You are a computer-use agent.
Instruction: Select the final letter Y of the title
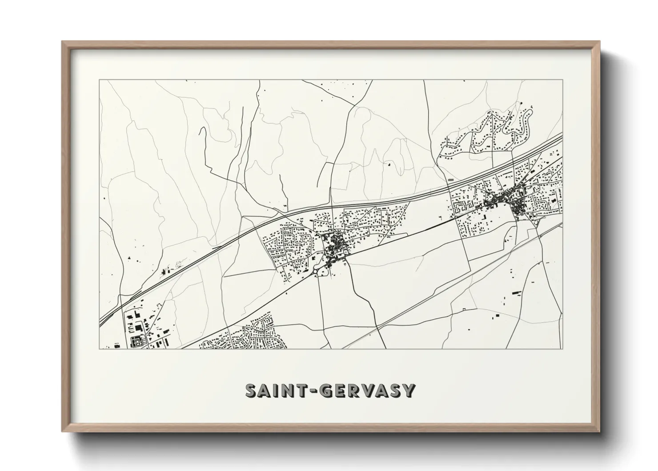(x=409, y=390)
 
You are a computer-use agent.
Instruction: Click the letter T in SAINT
(x=296, y=390)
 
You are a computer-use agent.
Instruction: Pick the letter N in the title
(x=283, y=390)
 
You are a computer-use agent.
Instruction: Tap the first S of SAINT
(x=252, y=390)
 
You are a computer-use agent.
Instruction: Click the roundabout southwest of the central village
(x=315, y=270)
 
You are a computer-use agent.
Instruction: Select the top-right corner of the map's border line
(x=563, y=80)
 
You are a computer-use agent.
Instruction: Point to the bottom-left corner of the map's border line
(x=100, y=349)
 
